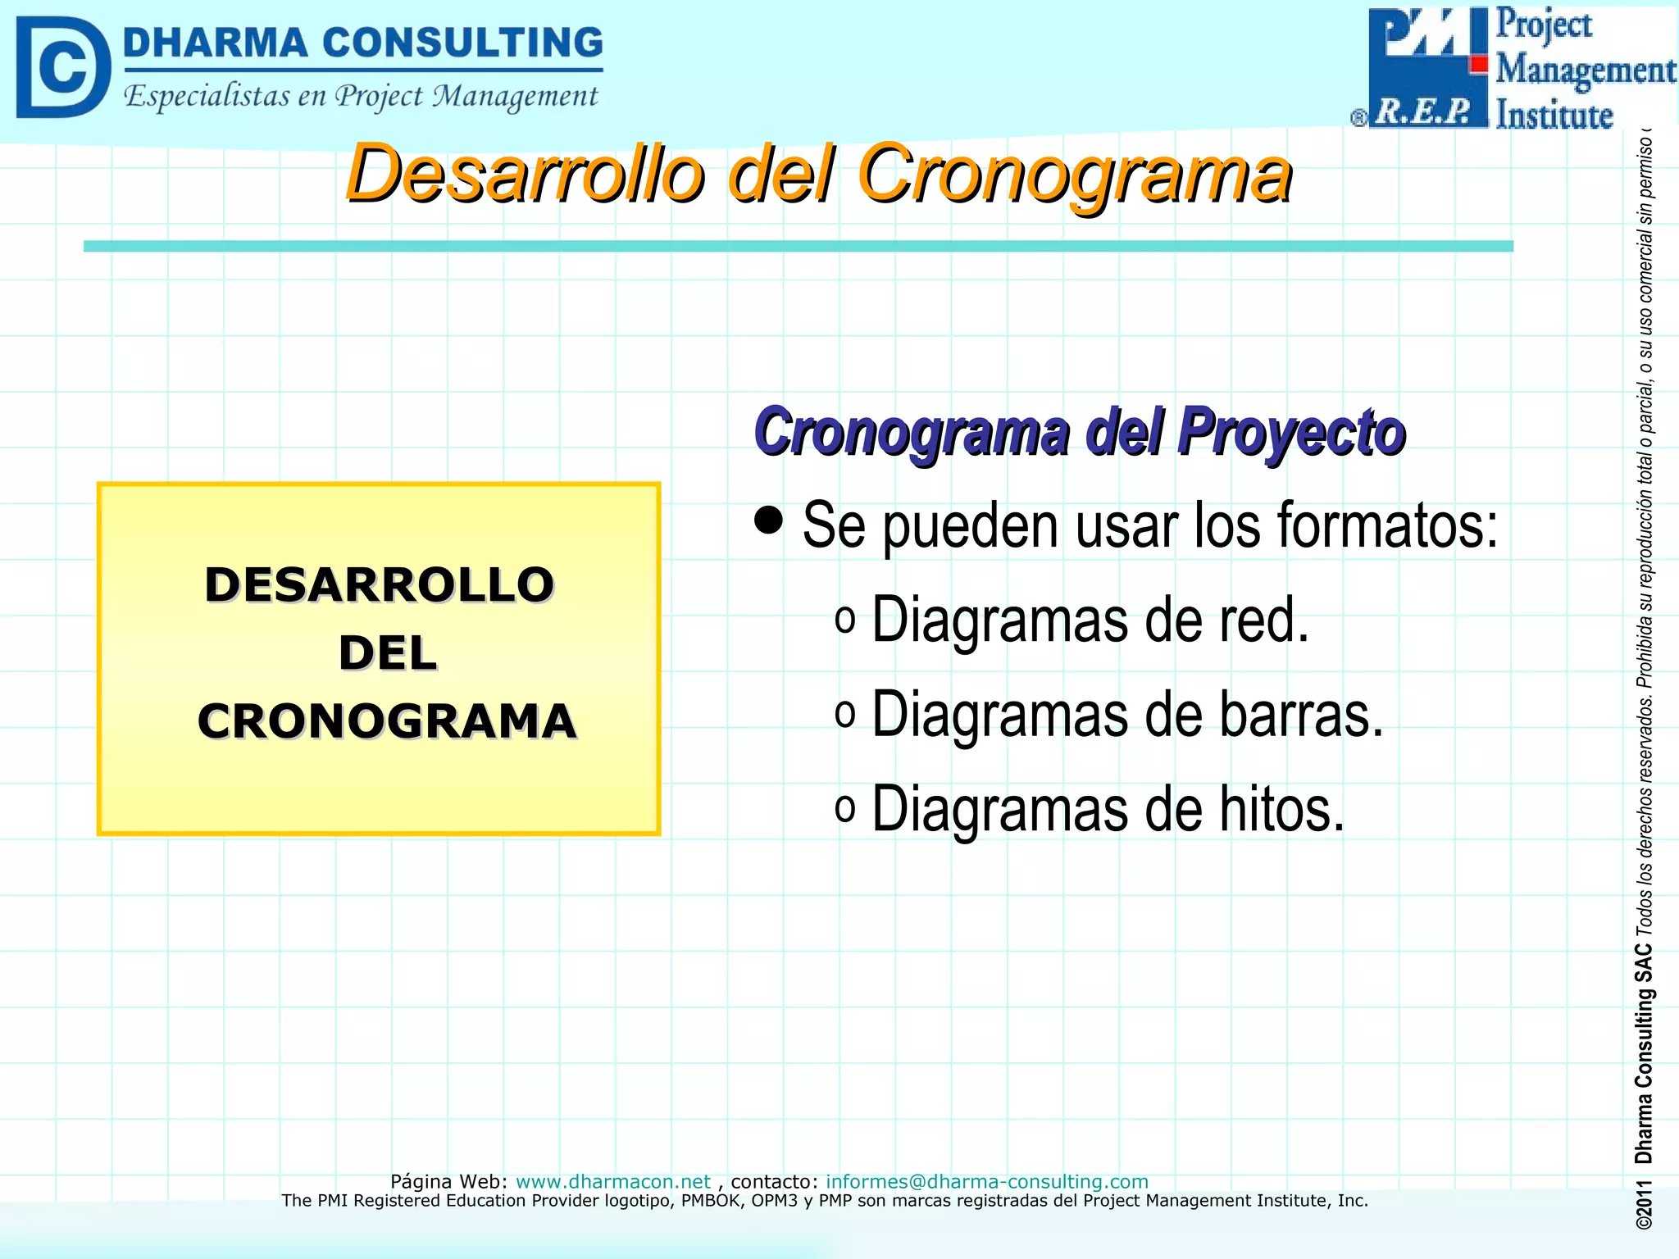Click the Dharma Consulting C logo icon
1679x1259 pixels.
(x=62, y=67)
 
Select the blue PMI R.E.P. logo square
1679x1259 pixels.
(x=1427, y=67)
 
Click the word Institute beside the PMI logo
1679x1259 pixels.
(x=1554, y=115)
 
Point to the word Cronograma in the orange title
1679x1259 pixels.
(x=1074, y=174)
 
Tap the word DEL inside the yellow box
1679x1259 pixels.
(x=387, y=653)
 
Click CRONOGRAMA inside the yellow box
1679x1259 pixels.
(x=387, y=721)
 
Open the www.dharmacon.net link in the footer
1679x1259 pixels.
(x=612, y=1181)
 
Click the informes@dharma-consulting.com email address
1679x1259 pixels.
(x=986, y=1181)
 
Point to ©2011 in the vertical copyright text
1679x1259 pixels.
(x=1643, y=1205)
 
